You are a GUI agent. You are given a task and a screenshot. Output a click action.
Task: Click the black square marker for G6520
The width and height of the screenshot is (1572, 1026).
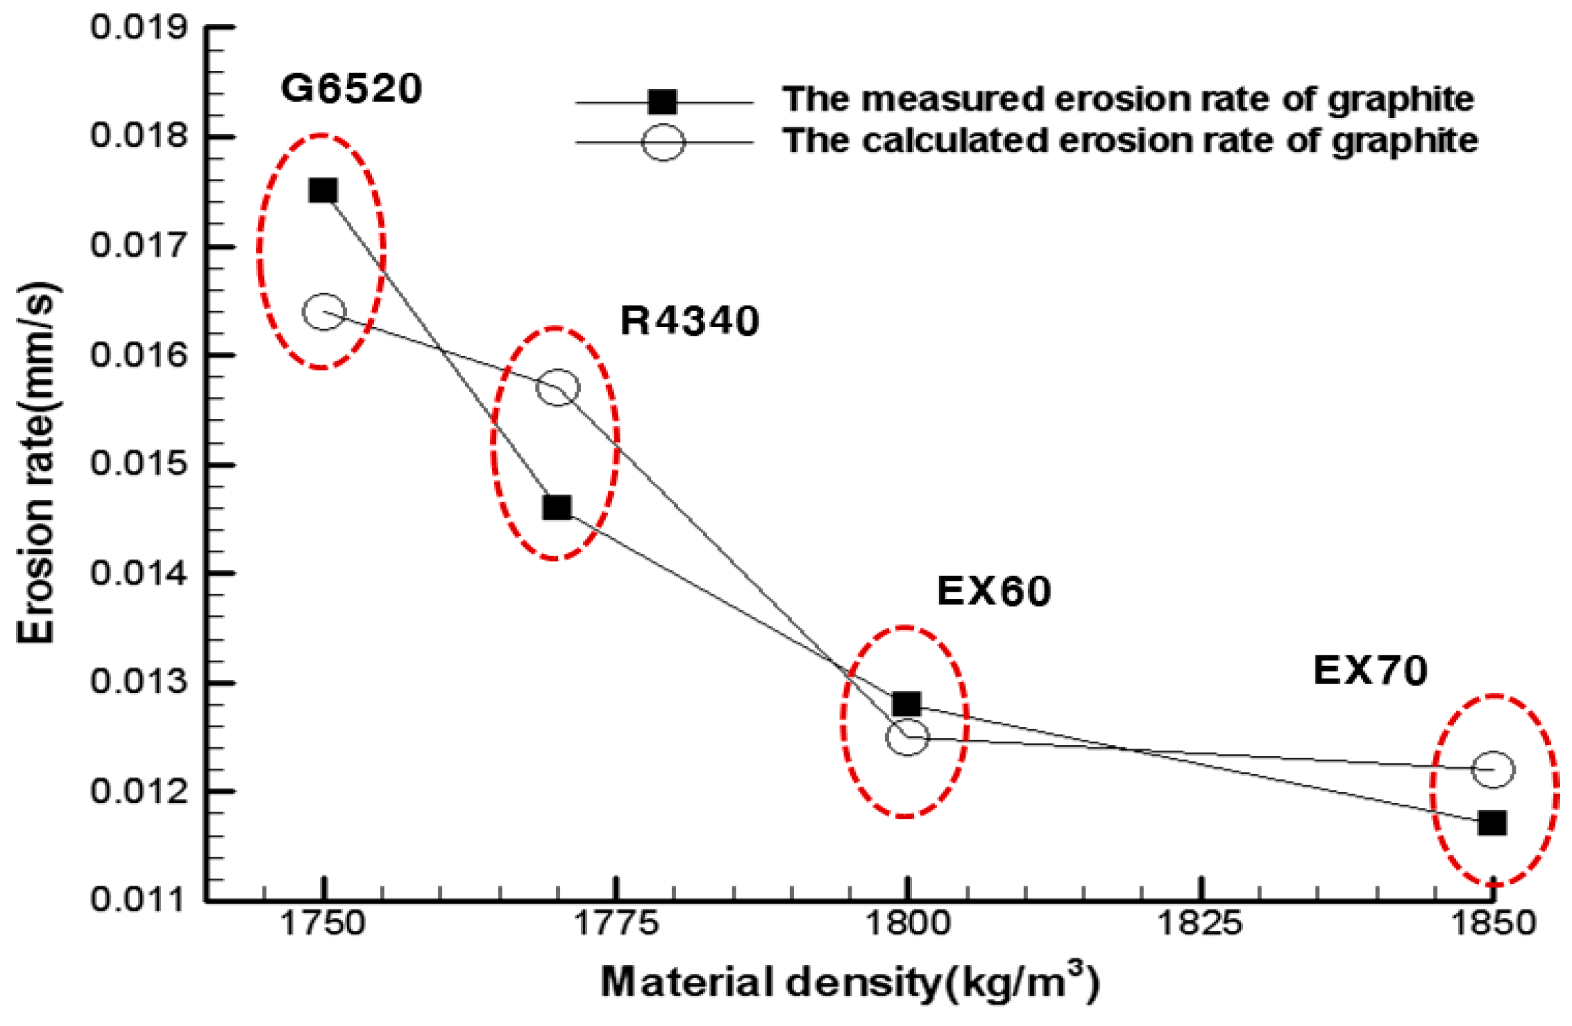point(323,191)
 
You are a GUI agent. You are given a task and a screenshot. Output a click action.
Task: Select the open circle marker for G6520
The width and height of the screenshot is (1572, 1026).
point(324,312)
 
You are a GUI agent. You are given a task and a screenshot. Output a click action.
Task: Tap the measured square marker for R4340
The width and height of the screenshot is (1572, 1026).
point(558,508)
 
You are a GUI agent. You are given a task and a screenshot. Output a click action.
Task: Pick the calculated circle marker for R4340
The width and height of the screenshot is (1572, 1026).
point(558,387)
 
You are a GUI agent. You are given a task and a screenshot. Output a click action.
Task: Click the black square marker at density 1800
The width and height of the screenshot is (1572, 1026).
point(907,704)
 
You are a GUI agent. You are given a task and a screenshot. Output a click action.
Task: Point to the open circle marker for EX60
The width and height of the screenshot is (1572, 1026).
point(907,737)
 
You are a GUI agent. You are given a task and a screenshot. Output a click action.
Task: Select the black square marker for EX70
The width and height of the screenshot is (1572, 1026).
point(1492,822)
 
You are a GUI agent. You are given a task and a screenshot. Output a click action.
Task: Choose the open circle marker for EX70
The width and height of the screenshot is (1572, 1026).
point(1493,769)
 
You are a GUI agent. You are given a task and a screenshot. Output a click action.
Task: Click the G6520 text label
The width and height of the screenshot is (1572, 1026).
point(351,88)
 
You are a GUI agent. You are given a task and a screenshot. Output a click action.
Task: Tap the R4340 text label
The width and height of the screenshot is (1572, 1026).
point(690,320)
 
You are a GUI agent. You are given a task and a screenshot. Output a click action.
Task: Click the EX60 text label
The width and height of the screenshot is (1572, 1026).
point(993,591)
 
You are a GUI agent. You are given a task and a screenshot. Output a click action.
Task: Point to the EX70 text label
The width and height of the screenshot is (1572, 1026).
point(1370,670)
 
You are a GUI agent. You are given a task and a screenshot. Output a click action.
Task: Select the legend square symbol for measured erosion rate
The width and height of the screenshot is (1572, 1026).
point(663,102)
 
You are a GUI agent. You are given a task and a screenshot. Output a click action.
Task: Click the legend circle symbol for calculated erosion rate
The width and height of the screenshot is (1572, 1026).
point(663,142)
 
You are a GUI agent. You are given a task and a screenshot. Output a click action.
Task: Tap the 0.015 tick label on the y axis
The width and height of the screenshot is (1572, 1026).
point(139,463)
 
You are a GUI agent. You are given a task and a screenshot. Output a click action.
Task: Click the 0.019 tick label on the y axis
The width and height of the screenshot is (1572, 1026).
point(139,28)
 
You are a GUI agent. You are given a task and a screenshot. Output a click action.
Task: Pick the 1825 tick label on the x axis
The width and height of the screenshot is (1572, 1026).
point(1199,924)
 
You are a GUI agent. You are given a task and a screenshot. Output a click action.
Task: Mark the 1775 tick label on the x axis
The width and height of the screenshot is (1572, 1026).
point(616,924)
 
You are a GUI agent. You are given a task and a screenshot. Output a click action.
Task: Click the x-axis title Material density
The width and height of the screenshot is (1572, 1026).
point(850,982)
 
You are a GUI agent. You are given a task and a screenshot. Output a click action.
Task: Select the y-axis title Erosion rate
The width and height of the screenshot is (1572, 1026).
point(36,462)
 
